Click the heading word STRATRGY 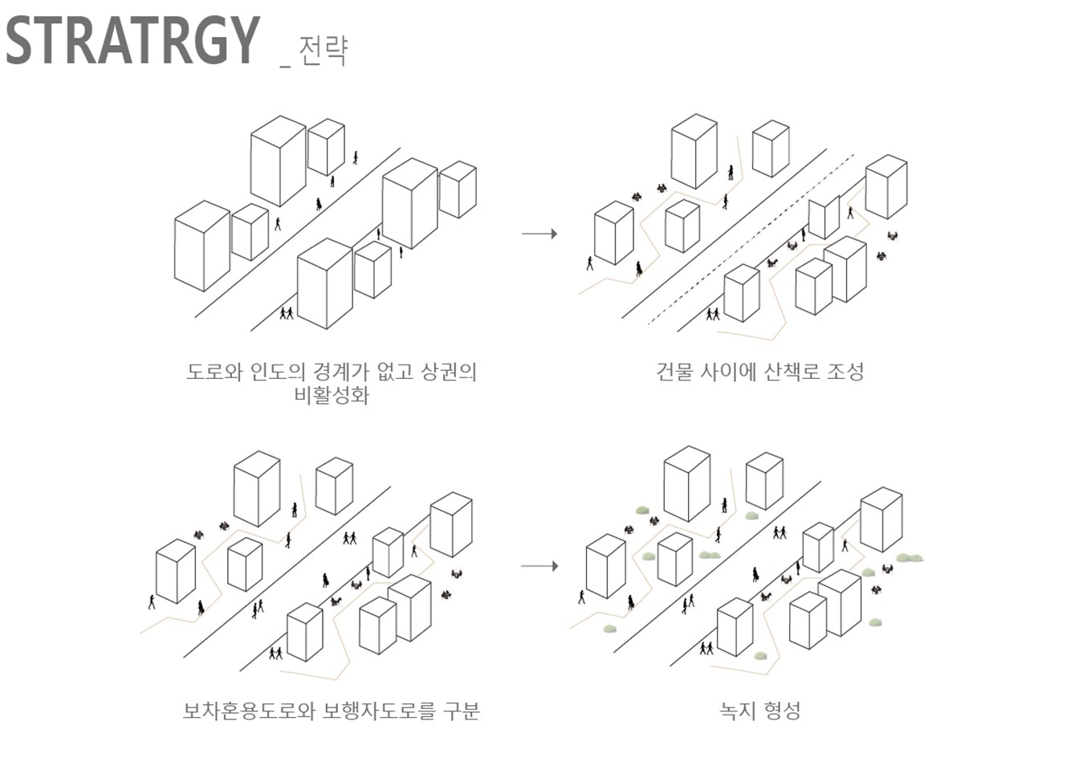pyautogui.click(x=133, y=41)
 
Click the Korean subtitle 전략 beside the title pyautogui.click(x=323, y=50)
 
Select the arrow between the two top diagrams pyautogui.click(x=539, y=234)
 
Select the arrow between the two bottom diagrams pyautogui.click(x=539, y=566)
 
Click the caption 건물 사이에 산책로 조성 pyautogui.click(x=759, y=372)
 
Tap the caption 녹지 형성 pyautogui.click(x=759, y=711)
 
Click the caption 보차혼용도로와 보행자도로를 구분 pyautogui.click(x=332, y=711)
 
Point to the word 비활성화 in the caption pyautogui.click(x=332, y=395)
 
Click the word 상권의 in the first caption pyautogui.click(x=449, y=372)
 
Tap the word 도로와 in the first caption pyautogui.click(x=214, y=372)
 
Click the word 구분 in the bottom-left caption pyautogui.click(x=461, y=711)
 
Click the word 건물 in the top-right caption pyautogui.click(x=675, y=372)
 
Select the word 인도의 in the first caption pyautogui.click(x=278, y=372)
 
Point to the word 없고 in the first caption pyautogui.click(x=395, y=372)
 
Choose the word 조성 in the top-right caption pyautogui.click(x=845, y=372)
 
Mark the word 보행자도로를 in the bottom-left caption pyautogui.click(x=379, y=711)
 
